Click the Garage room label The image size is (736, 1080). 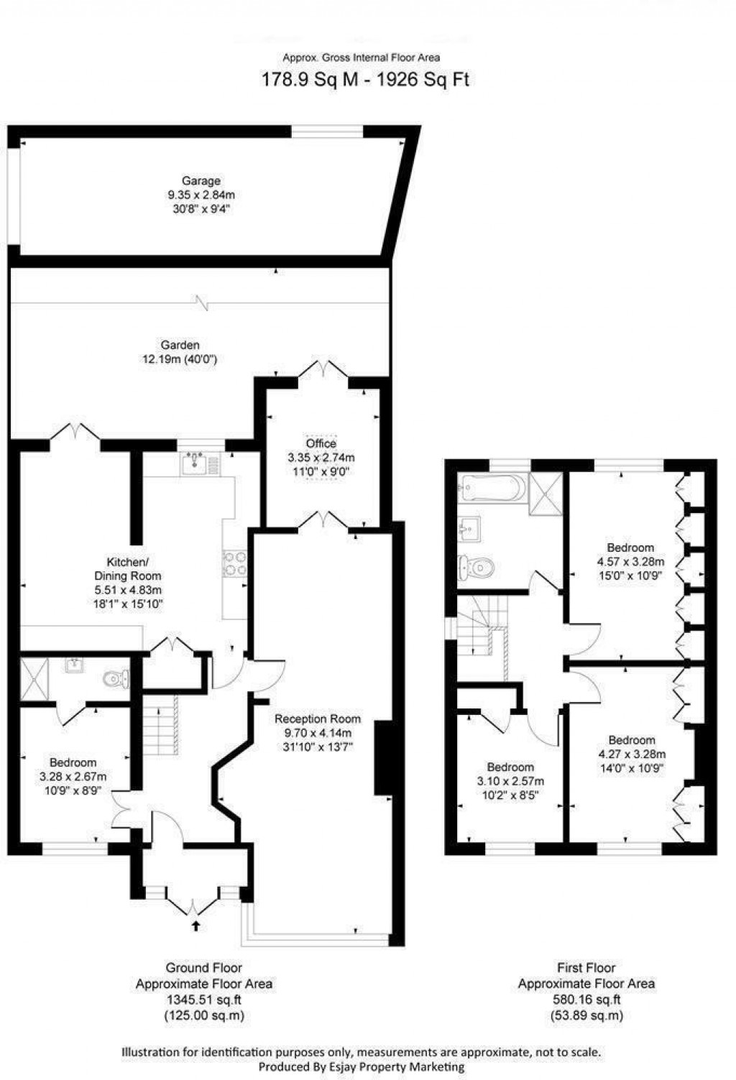201,181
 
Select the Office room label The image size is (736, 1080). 321,443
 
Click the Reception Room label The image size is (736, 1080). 318,719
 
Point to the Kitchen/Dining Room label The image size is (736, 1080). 128,568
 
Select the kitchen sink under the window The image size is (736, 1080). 194,466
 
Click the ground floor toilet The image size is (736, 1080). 114,678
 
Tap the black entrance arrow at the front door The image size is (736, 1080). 196,926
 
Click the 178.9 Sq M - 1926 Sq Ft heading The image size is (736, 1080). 364,79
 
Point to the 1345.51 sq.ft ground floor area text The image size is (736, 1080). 204,1000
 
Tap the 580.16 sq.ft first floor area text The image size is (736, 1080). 586,1000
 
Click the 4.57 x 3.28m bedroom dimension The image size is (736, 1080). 630,561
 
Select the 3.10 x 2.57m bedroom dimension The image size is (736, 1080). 510,781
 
